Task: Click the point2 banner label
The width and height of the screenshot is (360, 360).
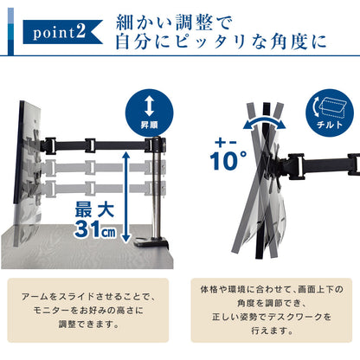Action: pyautogui.click(x=63, y=32)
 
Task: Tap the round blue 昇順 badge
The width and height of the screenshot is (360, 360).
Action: pyautogui.click(x=149, y=113)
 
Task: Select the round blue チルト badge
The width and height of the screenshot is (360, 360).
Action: pyautogui.click(x=330, y=113)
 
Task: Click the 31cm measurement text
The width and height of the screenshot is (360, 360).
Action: pyautogui.click(x=95, y=229)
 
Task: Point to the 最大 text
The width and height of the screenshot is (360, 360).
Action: pyautogui.click(x=94, y=209)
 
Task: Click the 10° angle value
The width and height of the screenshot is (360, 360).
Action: pyautogui.click(x=228, y=161)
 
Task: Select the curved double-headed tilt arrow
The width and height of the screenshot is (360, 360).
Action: pyautogui.click(x=264, y=123)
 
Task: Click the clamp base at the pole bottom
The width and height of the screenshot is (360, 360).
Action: pyautogui.click(x=151, y=242)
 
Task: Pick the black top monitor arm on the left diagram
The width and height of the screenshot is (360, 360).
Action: pyautogui.click(x=102, y=145)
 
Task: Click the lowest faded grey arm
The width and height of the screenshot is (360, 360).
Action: pyautogui.click(x=102, y=189)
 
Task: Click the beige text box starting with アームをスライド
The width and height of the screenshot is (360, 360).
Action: pyautogui.click(x=88, y=310)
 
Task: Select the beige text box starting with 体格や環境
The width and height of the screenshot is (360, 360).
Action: pyautogui.click(x=272, y=310)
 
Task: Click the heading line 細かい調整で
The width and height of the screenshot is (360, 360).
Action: pyautogui.click(x=174, y=22)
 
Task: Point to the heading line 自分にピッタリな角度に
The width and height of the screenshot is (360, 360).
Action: pyautogui.click(x=221, y=42)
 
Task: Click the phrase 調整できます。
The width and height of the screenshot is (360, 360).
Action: pyautogui.click(x=89, y=325)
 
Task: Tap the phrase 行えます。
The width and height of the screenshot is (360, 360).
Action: pyautogui.click(x=272, y=331)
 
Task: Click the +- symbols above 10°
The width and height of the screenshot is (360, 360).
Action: pyautogui.click(x=226, y=142)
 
